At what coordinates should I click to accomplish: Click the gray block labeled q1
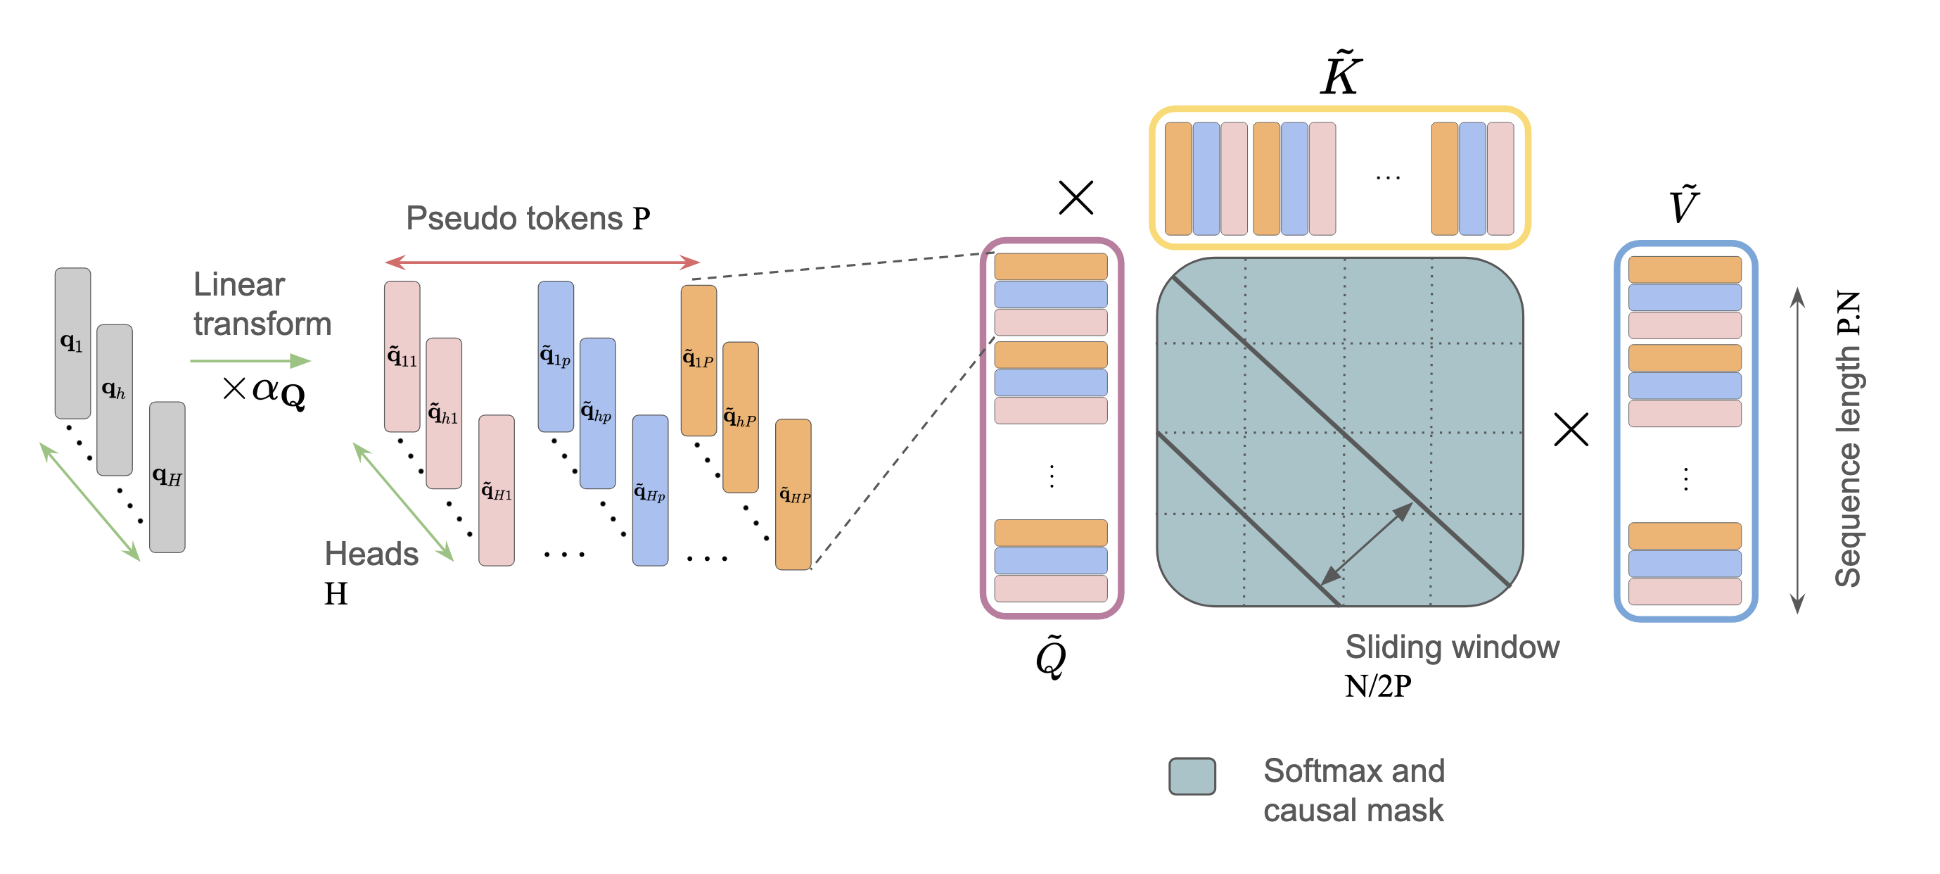[72, 343]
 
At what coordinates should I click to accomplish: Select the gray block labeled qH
[167, 476]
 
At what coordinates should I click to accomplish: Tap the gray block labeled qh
[115, 399]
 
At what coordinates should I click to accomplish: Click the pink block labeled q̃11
[402, 355]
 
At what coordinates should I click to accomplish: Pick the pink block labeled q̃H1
[497, 490]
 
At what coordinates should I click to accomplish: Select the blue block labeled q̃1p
[555, 355]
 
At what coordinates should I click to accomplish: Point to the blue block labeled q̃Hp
[649, 490]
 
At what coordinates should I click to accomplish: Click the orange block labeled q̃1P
[698, 360]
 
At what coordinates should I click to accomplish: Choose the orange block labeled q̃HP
[793, 493]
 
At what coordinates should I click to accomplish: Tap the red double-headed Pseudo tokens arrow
[542, 262]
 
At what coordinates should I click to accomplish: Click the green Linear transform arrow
[250, 361]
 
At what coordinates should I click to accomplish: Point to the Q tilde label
[1052, 657]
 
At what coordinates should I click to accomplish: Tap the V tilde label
[1684, 205]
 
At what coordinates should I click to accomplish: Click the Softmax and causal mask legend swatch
[1192, 776]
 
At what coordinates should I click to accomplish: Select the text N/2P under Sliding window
[1378, 686]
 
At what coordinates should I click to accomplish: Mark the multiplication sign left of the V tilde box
[1571, 429]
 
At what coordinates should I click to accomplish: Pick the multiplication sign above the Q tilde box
[1076, 198]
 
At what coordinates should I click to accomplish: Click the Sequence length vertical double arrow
[1797, 450]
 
